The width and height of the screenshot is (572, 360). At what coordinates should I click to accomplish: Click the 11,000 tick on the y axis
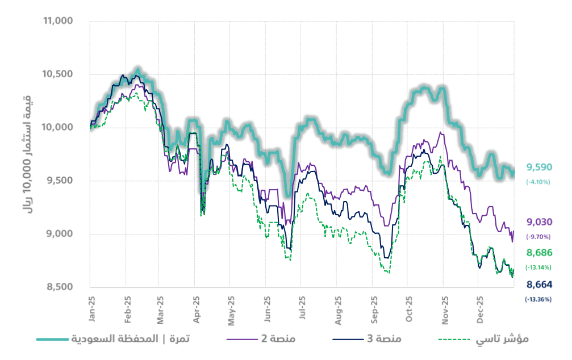[x=59, y=21]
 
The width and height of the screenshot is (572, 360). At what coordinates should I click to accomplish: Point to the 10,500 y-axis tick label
[x=59, y=74]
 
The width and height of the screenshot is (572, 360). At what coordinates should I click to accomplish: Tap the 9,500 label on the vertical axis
[x=61, y=181]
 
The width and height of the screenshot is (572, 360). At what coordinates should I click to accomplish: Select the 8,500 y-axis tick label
[x=61, y=287]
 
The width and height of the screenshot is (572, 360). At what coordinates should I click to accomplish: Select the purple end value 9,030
[x=539, y=222]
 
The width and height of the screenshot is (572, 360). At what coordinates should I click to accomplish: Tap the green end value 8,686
[x=539, y=253]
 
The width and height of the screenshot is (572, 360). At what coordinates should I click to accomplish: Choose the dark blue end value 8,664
[x=539, y=284]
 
